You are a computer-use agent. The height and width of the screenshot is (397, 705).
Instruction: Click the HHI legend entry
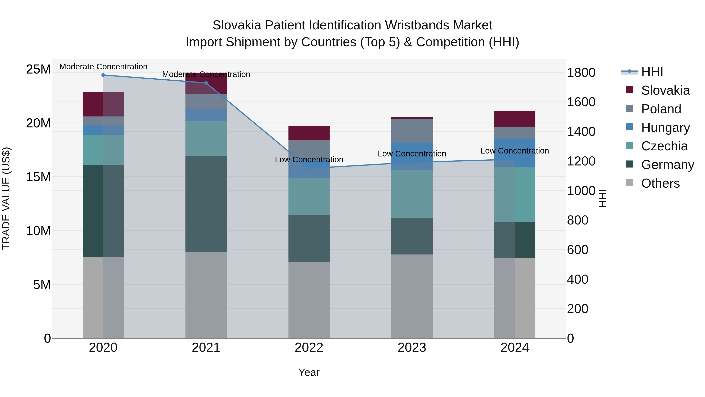(651, 72)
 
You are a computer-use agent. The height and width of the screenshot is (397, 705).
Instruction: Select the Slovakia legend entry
(665, 90)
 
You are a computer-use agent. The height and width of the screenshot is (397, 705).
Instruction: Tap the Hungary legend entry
(665, 128)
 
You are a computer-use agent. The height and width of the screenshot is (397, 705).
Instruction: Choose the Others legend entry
(660, 183)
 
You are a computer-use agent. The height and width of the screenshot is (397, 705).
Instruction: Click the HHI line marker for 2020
(103, 75)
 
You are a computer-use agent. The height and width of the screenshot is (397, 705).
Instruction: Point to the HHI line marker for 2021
(206, 83)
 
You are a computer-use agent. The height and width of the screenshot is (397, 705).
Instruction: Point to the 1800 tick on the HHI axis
(581, 73)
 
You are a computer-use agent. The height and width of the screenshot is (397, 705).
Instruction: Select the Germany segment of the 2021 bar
(206, 204)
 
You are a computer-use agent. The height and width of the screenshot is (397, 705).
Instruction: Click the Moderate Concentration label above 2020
(103, 67)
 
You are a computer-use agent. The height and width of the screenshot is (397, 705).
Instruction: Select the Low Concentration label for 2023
(412, 154)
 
